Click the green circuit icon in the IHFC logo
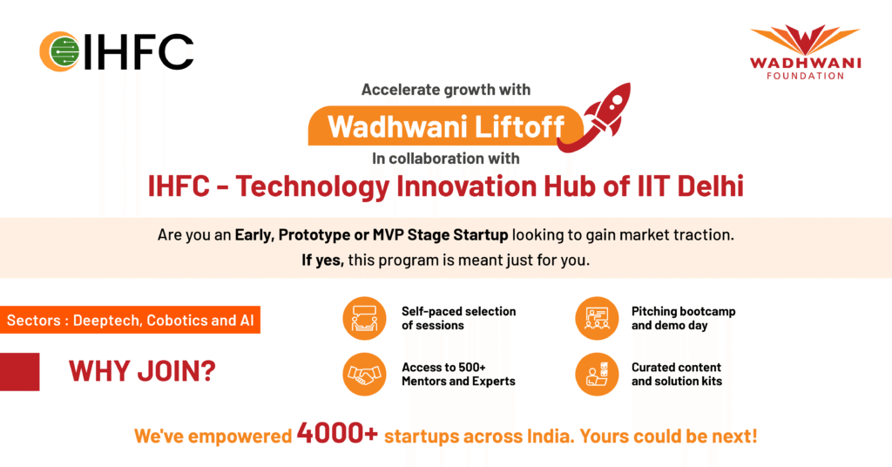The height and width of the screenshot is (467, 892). (x=63, y=51)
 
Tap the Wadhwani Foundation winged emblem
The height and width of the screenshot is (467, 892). (x=804, y=40)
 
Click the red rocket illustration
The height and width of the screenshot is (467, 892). (x=594, y=117)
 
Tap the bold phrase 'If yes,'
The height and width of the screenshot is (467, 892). (x=322, y=261)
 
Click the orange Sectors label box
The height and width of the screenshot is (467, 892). (x=131, y=321)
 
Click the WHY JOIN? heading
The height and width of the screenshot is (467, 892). (x=142, y=371)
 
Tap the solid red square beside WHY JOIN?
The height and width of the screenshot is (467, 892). (x=20, y=372)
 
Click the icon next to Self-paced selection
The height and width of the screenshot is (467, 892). (x=365, y=319)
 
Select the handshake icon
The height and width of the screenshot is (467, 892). (x=365, y=374)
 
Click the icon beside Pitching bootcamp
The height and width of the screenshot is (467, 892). (x=597, y=319)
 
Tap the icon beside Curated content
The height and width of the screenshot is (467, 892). (x=597, y=374)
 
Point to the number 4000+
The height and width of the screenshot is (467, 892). (x=337, y=433)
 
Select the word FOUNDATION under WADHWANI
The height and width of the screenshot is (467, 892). (x=805, y=76)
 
